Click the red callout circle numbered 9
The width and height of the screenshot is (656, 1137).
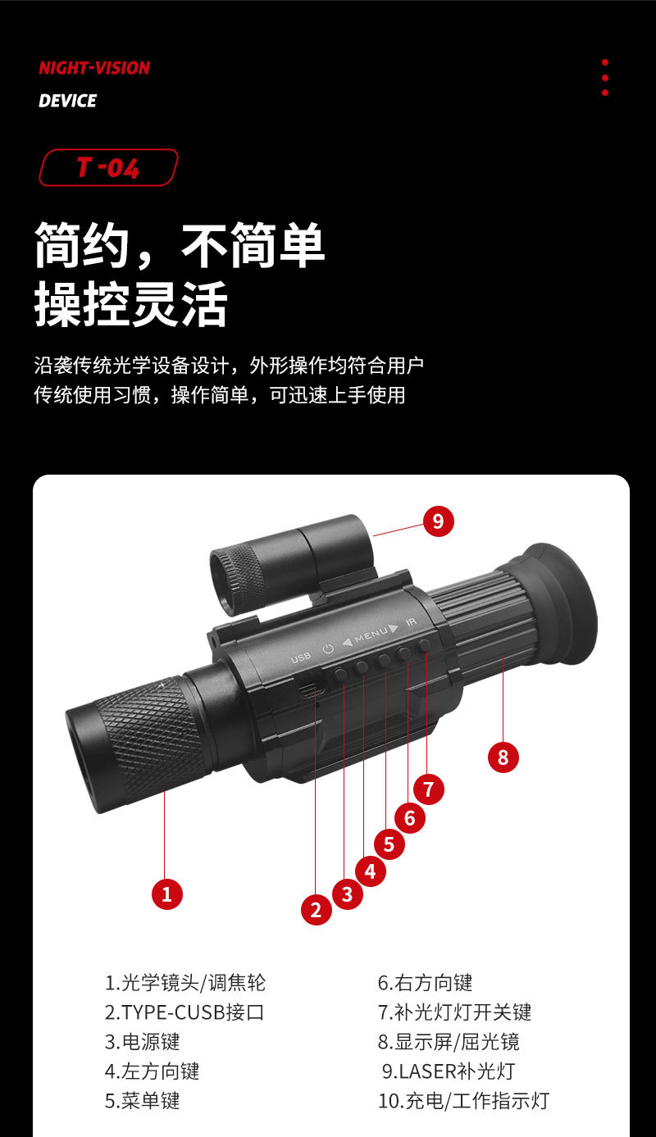coord(438,520)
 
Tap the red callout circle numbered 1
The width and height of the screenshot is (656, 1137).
coord(167,894)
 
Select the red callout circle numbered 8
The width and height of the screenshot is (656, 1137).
coord(503,757)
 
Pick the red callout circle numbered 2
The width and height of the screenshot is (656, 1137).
coord(316,908)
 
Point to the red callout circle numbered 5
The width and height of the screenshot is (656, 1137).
coord(389,844)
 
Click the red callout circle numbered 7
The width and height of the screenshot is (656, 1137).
coord(428,789)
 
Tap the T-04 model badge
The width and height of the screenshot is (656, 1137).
coord(108,167)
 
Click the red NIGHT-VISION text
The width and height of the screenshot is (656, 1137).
coord(94,68)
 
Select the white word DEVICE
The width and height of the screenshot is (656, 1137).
coord(67,101)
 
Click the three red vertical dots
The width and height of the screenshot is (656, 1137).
coord(605,77)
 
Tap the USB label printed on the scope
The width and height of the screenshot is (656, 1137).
coord(301,657)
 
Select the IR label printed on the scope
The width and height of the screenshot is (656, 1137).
coord(412,623)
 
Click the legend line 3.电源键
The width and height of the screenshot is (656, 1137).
coord(142,1042)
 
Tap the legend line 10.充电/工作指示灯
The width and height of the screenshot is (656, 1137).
coord(463,1100)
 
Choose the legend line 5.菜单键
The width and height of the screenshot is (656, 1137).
coord(142,1100)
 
